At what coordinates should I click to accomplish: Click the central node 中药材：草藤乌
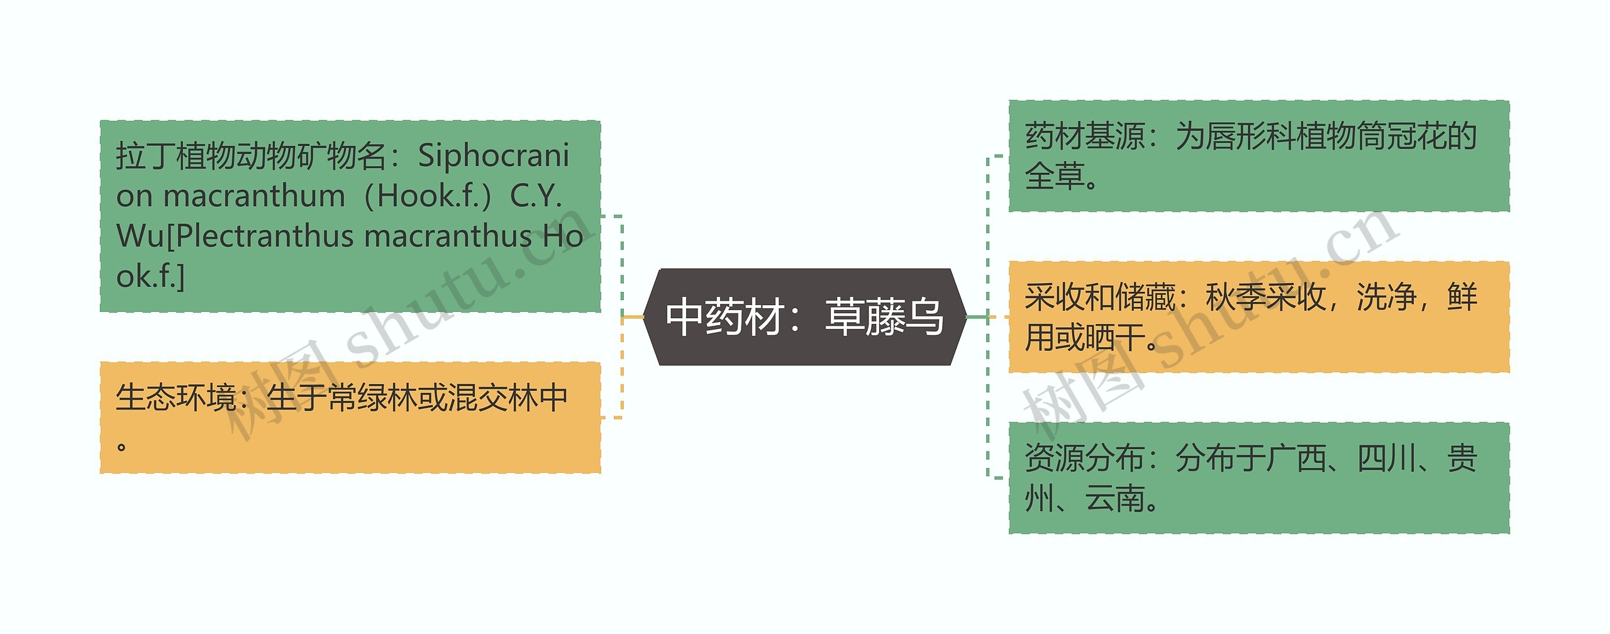click(804, 317)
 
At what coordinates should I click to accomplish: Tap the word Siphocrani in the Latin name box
click(494, 156)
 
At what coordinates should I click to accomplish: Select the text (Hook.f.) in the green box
click(428, 196)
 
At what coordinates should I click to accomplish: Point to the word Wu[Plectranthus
click(236, 236)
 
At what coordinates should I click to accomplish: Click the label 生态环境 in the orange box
click(175, 398)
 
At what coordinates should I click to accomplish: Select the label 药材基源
click(1085, 136)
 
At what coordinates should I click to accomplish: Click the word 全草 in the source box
click(1055, 176)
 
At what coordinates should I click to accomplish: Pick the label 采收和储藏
click(1100, 297)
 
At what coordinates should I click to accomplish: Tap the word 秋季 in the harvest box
click(1235, 297)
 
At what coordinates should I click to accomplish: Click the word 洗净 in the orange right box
click(1386, 297)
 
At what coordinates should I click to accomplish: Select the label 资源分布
click(1085, 458)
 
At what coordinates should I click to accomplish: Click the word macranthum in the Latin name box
click(254, 196)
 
